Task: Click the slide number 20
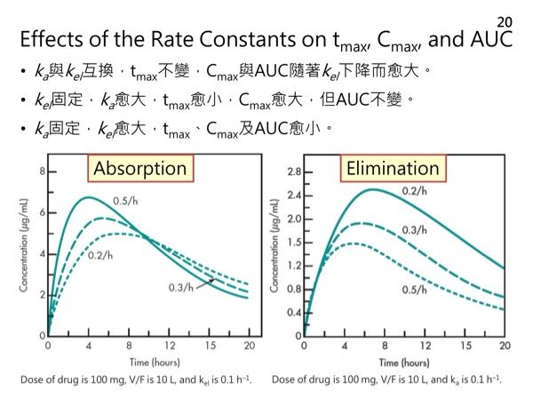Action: [x=504, y=20]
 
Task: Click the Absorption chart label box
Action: [x=140, y=168]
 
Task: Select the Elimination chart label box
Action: [x=394, y=168]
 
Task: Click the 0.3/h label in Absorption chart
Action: [x=181, y=286]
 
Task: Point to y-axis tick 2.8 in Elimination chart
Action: [x=292, y=171]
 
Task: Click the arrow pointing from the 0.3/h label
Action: [x=208, y=281]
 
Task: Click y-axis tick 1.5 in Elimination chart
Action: [x=292, y=242]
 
